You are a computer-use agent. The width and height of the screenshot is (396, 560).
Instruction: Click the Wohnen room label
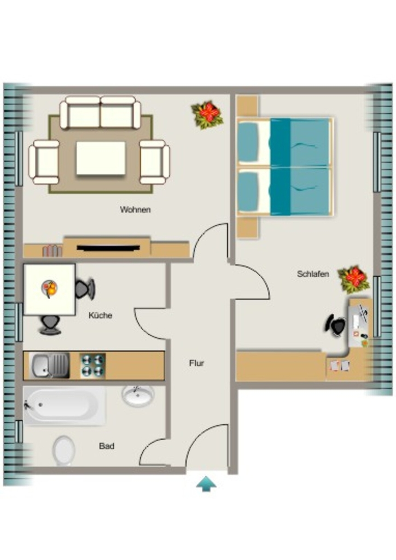point(135,209)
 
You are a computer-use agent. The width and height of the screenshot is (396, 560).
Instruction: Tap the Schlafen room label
point(313,274)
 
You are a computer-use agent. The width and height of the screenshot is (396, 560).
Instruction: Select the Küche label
point(100,316)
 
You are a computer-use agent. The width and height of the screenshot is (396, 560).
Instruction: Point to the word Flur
point(196,363)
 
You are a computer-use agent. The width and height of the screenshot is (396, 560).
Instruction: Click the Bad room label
point(107,446)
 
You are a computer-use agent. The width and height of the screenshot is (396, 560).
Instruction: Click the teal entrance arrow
point(206,484)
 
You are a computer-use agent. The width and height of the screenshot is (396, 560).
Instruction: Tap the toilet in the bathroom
point(63,451)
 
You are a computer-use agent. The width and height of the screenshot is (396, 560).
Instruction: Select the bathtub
point(65,405)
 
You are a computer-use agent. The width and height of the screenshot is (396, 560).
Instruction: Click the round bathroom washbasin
point(138,395)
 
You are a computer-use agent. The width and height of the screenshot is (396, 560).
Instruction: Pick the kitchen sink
point(50,365)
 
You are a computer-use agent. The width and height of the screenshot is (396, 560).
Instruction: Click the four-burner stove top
point(92,365)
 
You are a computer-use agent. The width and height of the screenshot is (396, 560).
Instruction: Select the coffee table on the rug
point(101,158)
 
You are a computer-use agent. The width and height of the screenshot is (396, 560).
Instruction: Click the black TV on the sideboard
point(108,248)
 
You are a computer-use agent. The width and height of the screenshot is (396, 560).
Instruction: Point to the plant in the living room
point(207,115)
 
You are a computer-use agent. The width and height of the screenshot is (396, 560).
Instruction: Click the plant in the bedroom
point(354,279)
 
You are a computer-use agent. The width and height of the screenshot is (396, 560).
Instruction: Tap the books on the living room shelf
point(52,250)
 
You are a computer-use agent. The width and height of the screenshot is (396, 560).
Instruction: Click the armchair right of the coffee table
point(155,162)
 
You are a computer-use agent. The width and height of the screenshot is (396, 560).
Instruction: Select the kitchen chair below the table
point(50,325)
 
